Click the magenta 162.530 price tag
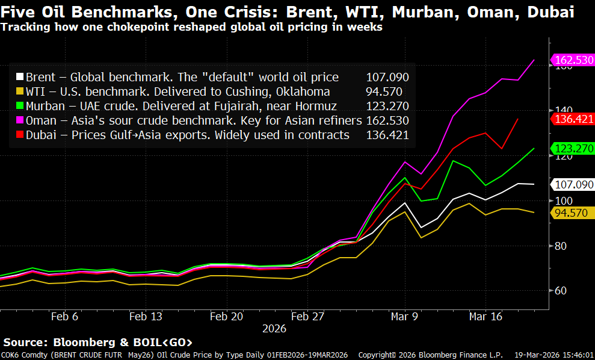pyautogui.click(x=572, y=60)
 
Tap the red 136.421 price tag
pyautogui.click(x=572, y=119)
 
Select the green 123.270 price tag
pyautogui.click(x=572, y=148)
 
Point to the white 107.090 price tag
pyautogui.click(x=572, y=184)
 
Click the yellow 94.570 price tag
pyautogui.click(x=572, y=213)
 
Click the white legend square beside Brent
pyautogui.click(x=20, y=77)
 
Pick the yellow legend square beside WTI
pyautogui.click(x=20, y=92)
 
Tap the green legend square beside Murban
pyautogui.click(x=20, y=106)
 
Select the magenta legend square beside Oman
pyautogui.click(x=20, y=120)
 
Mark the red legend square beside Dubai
pyautogui.click(x=20, y=135)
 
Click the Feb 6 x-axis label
pyautogui.click(x=64, y=317)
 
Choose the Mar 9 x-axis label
pyautogui.click(x=404, y=317)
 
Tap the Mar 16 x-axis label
pyautogui.click(x=486, y=317)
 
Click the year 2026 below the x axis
pyautogui.click(x=274, y=329)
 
